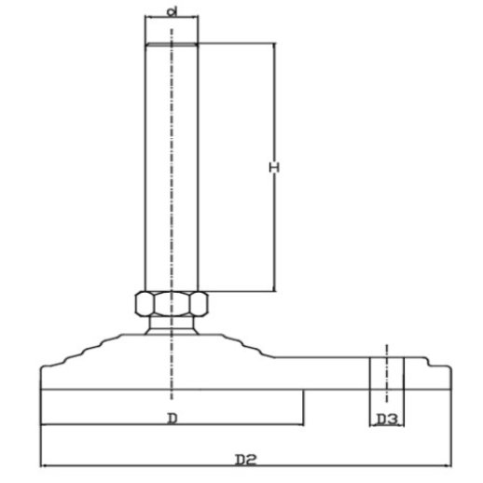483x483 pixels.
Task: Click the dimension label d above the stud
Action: pos(172,12)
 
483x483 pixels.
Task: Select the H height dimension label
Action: pos(274,168)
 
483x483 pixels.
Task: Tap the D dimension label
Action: pos(172,419)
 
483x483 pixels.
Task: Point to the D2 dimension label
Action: pos(245,460)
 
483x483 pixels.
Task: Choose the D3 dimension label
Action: pos(387,420)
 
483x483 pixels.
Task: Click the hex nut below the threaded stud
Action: pos(172,304)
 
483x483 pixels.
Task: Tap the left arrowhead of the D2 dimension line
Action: pos(44,465)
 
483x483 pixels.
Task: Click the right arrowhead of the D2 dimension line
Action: pos(448,465)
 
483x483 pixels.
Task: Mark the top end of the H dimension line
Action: pos(274,43)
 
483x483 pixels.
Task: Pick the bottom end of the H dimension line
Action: pos(274,291)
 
